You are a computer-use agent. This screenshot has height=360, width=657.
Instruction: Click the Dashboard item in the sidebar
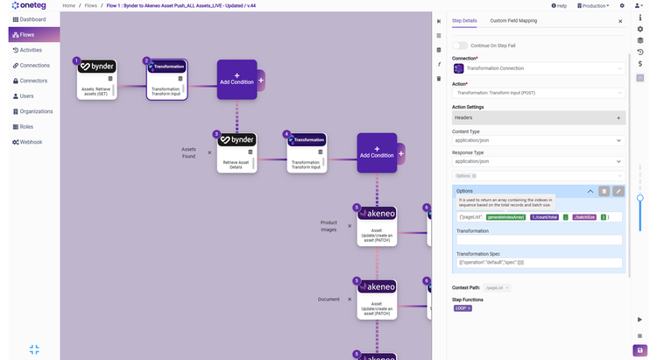pos(32,18)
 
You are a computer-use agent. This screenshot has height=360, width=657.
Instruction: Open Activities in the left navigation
pos(32,50)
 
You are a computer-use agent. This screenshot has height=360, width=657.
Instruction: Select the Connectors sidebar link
pos(33,81)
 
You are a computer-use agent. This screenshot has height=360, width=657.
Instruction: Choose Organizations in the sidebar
pos(36,111)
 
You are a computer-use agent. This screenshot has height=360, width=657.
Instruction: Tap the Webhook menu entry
pos(31,141)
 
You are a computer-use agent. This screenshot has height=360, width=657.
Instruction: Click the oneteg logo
pos(30,4)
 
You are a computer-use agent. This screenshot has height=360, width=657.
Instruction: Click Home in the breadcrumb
pos(69,5)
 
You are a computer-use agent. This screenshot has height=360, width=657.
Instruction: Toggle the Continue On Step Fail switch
pos(460,45)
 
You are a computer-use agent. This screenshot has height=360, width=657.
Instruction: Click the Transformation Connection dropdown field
pos(538,67)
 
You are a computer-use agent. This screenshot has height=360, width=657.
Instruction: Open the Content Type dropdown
pos(538,140)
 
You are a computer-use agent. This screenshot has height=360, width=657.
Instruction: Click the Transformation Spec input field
pos(538,263)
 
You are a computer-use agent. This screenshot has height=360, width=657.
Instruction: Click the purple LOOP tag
pos(463,307)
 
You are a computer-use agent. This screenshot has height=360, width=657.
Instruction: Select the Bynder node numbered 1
pos(96,79)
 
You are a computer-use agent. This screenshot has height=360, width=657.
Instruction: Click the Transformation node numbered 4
pos(307,153)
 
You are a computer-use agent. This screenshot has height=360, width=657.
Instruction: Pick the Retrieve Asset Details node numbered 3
pos(237,153)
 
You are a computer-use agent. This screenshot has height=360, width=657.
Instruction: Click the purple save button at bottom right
pos(640,349)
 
